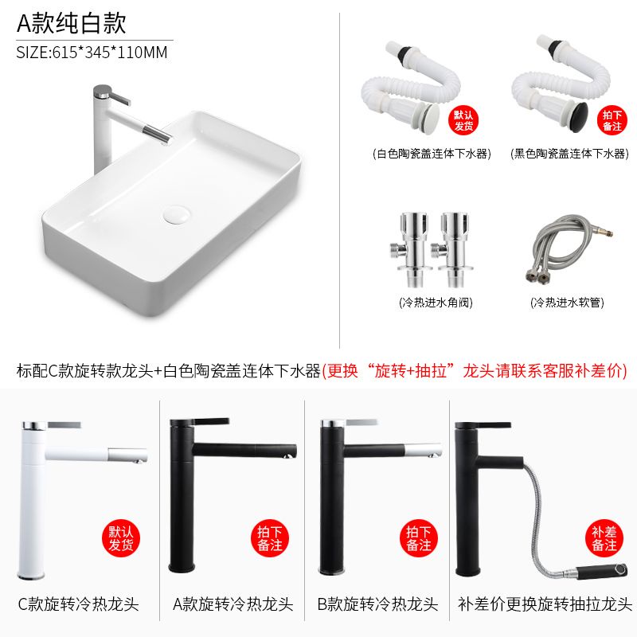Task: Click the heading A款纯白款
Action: tap(71, 23)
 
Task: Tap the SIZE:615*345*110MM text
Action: tap(92, 53)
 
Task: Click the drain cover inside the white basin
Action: tap(177, 214)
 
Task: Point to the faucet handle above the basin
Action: tap(118, 96)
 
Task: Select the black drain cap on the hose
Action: tap(580, 116)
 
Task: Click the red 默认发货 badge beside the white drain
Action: tap(463, 120)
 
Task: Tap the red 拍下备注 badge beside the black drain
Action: tap(612, 120)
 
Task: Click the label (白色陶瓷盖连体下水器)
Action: tap(432, 154)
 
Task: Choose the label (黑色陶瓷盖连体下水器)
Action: tap(569, 154)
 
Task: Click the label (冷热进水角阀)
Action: tap(436, 303)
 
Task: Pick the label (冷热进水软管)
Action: tap(567, 303)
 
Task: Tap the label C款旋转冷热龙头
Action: tap(78, 604)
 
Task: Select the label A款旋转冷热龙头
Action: tap(233, 604)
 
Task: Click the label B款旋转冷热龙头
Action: tap(377, 604)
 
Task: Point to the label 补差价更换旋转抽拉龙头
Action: tap(545, 604)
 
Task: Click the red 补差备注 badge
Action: tap(604, 538)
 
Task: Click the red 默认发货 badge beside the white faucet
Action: tap(121, 538)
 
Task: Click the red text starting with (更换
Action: tap(475, 370)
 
